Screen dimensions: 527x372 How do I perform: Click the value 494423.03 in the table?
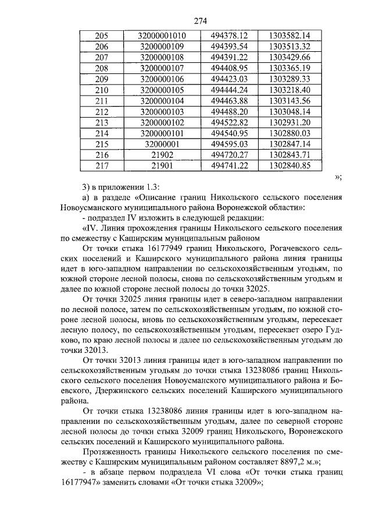[230, 79]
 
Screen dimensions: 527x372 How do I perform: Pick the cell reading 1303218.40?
[290, 90]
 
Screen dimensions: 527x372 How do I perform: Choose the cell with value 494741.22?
[230, 166]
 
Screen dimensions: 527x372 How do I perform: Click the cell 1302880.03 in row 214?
[290, 133]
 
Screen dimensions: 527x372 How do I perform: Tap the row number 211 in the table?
[102, 101]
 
